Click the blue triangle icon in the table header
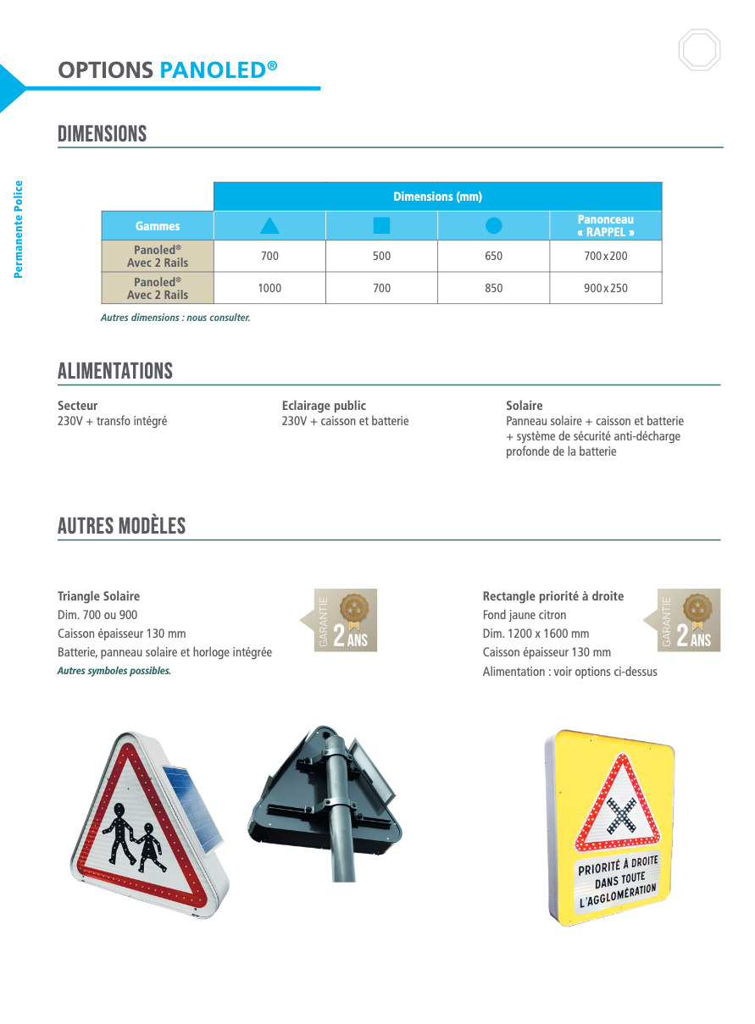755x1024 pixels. (x=269, y=225)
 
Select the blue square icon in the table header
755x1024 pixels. (x=381, y=225)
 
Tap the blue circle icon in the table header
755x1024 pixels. (x=494, y=225)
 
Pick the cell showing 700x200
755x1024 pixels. (x=606, y=256)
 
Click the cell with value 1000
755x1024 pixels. (x=269, y=288)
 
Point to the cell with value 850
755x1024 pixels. (x=494, y=288)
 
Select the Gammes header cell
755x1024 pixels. (x=158, y=226)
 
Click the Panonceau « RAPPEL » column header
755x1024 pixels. (x=606, y=225)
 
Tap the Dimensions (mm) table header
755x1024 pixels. (x=437, y=196)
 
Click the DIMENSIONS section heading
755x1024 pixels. (x=103, y=134)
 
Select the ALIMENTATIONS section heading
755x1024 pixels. (x=115, y=371)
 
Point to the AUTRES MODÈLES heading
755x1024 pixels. (x=122, y=526)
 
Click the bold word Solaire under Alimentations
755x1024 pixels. (x=525, y=406)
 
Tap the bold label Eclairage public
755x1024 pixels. (x=324, y=406)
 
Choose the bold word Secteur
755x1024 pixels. (x=78, y=406)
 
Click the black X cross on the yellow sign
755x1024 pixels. (x=623, y=814)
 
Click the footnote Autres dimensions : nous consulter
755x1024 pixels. (x=175, y=318)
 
